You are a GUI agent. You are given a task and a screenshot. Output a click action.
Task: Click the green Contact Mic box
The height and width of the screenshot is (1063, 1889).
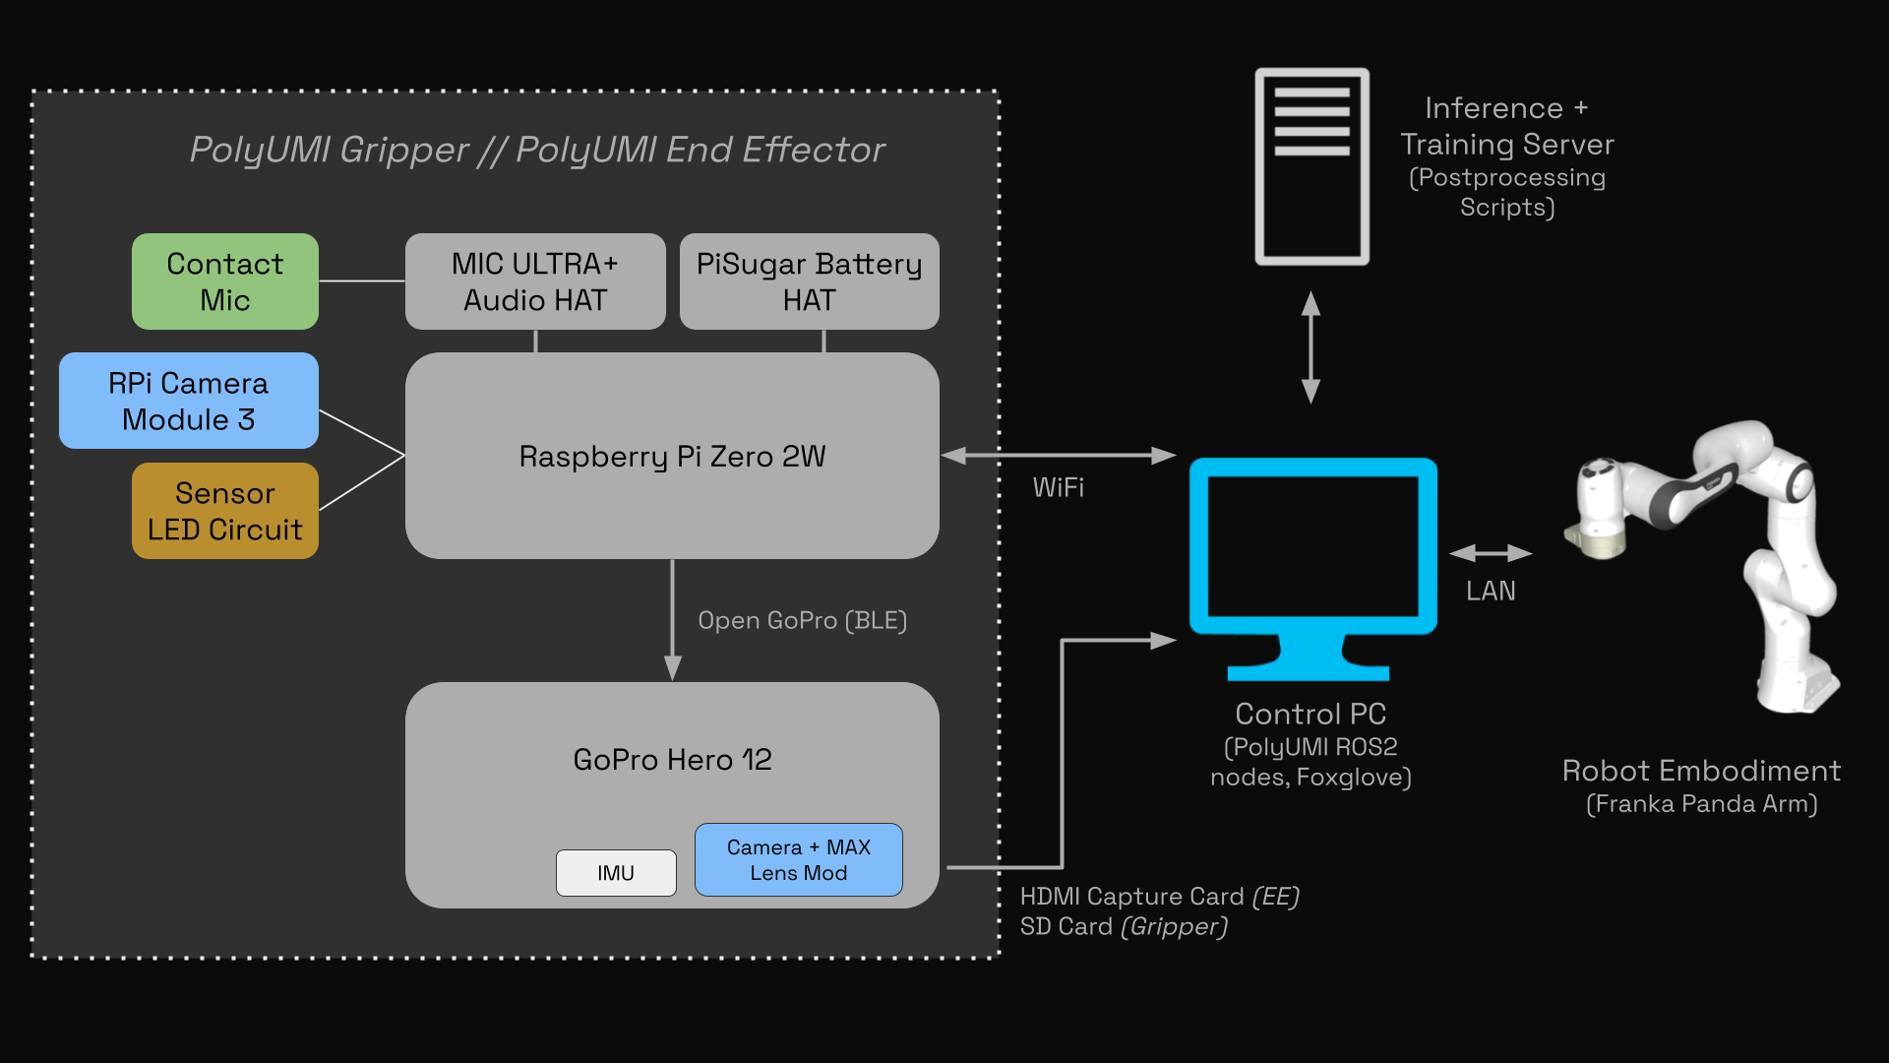(x=224, y=281)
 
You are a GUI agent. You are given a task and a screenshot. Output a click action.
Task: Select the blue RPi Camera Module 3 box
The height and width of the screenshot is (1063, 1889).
(x=188, y=401)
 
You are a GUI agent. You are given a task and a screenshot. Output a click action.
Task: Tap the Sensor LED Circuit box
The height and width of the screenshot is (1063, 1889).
(x=224, y=511)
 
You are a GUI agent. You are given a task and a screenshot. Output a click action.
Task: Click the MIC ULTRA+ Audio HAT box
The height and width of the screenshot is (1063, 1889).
(x=535, y=281)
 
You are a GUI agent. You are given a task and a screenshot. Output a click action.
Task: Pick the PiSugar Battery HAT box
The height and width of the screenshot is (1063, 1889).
(x=809, y=281)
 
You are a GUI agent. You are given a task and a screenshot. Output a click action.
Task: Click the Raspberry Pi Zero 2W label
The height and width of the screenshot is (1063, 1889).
(x=672, y=457)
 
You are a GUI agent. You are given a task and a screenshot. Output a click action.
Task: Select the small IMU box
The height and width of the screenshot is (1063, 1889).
(x=616, y=873)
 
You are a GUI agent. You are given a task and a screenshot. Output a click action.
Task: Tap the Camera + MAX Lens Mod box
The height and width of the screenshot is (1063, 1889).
(x=798, y=859)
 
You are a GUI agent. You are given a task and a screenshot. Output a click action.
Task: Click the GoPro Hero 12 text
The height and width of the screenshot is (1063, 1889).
(x=672, y=760)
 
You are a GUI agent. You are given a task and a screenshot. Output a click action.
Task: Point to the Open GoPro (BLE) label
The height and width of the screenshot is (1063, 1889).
(x=802, y=621)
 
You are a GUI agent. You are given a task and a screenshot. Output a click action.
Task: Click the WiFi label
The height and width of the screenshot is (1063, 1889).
(x=1058, y=488)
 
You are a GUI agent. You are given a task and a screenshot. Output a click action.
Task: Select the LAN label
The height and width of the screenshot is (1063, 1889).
(x=1491, y=592)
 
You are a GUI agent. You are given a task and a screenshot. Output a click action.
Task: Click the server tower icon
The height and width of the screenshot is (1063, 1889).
(x=1311, y=166)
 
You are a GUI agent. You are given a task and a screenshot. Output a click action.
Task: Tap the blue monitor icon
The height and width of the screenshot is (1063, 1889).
(x=1312, y=561)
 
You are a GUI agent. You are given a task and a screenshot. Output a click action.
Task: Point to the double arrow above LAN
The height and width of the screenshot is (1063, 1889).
(x=1491, y=553)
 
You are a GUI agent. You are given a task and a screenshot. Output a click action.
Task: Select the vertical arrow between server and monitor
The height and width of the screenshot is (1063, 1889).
(x=1310, y=346)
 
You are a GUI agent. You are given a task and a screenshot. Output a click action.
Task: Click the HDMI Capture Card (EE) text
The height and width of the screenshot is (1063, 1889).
(x=1159, y=897)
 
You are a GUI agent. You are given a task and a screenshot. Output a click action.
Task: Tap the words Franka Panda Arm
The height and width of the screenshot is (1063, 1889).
(x=1701, y=804)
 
